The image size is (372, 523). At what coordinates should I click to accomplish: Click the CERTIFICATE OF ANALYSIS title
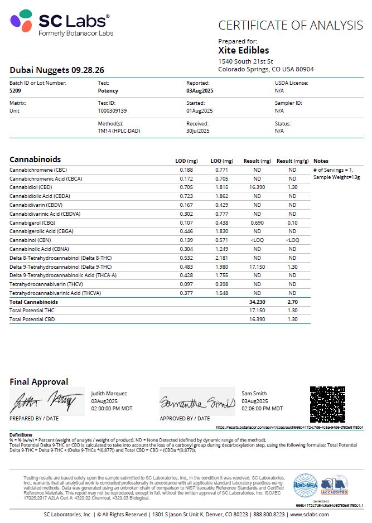(290, 25)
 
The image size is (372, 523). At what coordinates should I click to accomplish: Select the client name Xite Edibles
(243, 51)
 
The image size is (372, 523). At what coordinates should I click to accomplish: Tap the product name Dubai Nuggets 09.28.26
(56, 70)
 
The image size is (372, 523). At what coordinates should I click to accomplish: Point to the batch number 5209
(16, 90)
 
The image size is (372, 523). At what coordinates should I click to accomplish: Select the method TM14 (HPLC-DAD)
(119, 130)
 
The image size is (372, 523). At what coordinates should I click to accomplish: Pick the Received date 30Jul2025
(197, 130)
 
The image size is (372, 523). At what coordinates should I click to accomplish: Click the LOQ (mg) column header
(220, 161)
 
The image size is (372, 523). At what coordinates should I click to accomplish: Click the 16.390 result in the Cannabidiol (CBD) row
(257, 187)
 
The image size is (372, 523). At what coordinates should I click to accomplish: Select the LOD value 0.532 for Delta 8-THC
(186, 258)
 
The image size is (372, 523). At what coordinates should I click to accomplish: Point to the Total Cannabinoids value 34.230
(257, 302)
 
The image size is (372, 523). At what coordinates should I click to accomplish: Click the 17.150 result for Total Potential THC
(257, 311)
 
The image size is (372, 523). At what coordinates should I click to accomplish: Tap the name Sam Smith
(254, 393)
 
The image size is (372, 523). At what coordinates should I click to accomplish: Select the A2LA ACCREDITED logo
(334, 485)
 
